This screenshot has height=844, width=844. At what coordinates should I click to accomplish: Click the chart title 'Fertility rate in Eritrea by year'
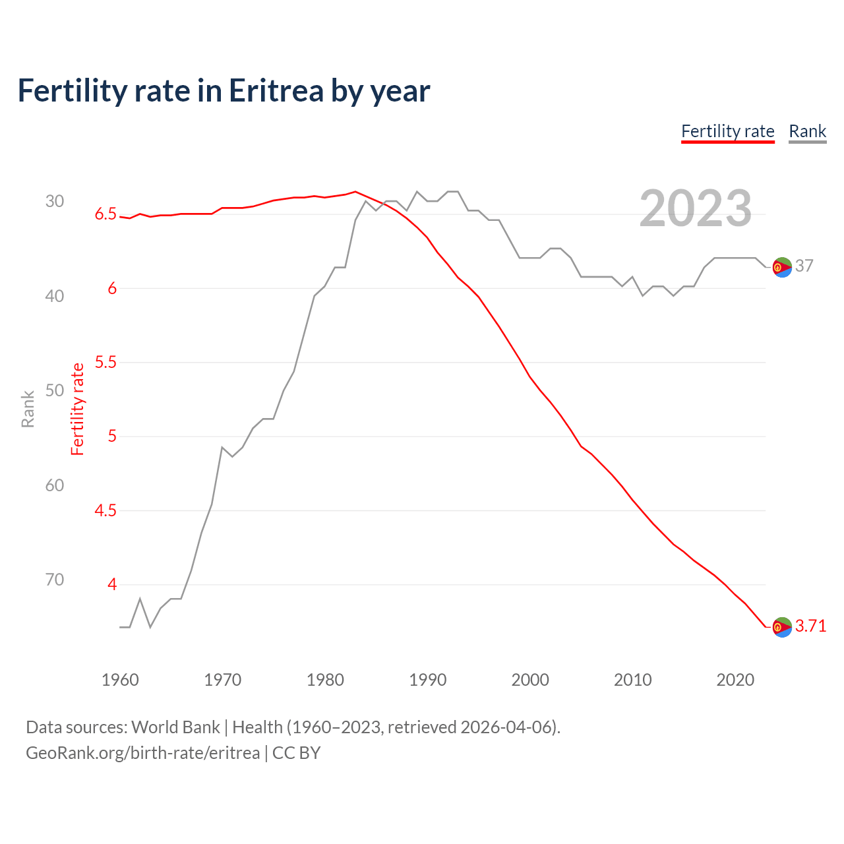coord(224,91)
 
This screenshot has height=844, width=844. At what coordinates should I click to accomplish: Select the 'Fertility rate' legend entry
coord(727,131)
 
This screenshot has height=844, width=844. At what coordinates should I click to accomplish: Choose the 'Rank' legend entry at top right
coord(807,131)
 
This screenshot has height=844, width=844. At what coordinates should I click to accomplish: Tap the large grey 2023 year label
coord(695,208)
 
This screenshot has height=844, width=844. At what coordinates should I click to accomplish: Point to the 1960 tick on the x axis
coord(120,680)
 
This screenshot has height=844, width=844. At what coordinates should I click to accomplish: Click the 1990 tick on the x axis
coord(427,680)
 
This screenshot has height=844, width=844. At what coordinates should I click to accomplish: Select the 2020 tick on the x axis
coord(735,680)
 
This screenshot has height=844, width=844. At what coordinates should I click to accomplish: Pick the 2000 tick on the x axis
coord(530,680)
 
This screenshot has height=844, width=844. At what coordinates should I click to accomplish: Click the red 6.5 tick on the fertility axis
coord(105,214)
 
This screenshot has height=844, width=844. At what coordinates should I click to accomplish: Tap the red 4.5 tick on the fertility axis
coord(105,510)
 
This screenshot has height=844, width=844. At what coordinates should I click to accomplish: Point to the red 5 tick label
coord(112,437)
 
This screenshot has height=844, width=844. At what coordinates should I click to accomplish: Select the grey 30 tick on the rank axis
coord(55,201)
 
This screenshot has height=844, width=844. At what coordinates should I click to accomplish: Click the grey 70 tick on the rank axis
coord(55,580)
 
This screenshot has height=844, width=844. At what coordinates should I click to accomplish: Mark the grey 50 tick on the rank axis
coord(55,390)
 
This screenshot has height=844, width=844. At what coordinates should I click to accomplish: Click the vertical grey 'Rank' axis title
coord(28,409)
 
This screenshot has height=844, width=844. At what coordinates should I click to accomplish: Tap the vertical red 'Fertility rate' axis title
coord(78,409)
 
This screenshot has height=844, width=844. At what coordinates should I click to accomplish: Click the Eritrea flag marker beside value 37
coord(781,267)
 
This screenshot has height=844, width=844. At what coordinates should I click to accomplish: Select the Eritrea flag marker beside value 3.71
coord(781,627)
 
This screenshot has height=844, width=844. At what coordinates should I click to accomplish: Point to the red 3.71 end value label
coord(810,626)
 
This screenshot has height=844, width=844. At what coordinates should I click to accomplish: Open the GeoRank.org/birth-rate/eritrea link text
coord(142,753)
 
